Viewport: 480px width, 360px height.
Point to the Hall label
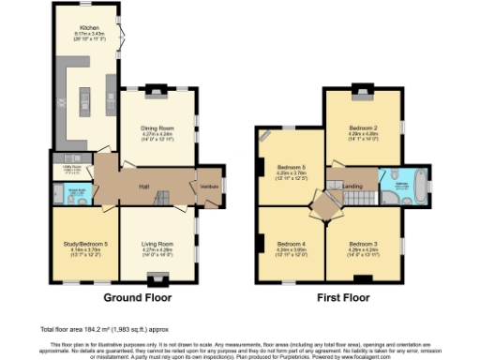[x=145, y=185]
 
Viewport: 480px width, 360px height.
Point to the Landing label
[x=352, y=187]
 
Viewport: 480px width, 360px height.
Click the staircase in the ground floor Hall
[x=162, y=199]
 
